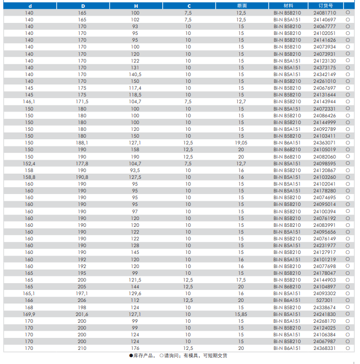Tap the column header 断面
coord(241,5)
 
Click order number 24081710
coord(325,13)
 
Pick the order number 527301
coord(325,300)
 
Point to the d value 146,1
coord(29,102)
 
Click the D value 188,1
coord(83,142)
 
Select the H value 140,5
coord(135,74)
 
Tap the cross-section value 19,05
coord(241,142)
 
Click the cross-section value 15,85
coord(241,314)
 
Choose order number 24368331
coord(325,348)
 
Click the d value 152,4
coord(29,163)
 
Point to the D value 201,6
coord(83,314)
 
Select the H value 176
coord(135,348)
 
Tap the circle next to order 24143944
coord(347,102)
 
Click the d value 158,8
coord(29,177)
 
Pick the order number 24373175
coord(325,67)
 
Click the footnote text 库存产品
coord(143,356)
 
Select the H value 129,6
coord(135,294)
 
